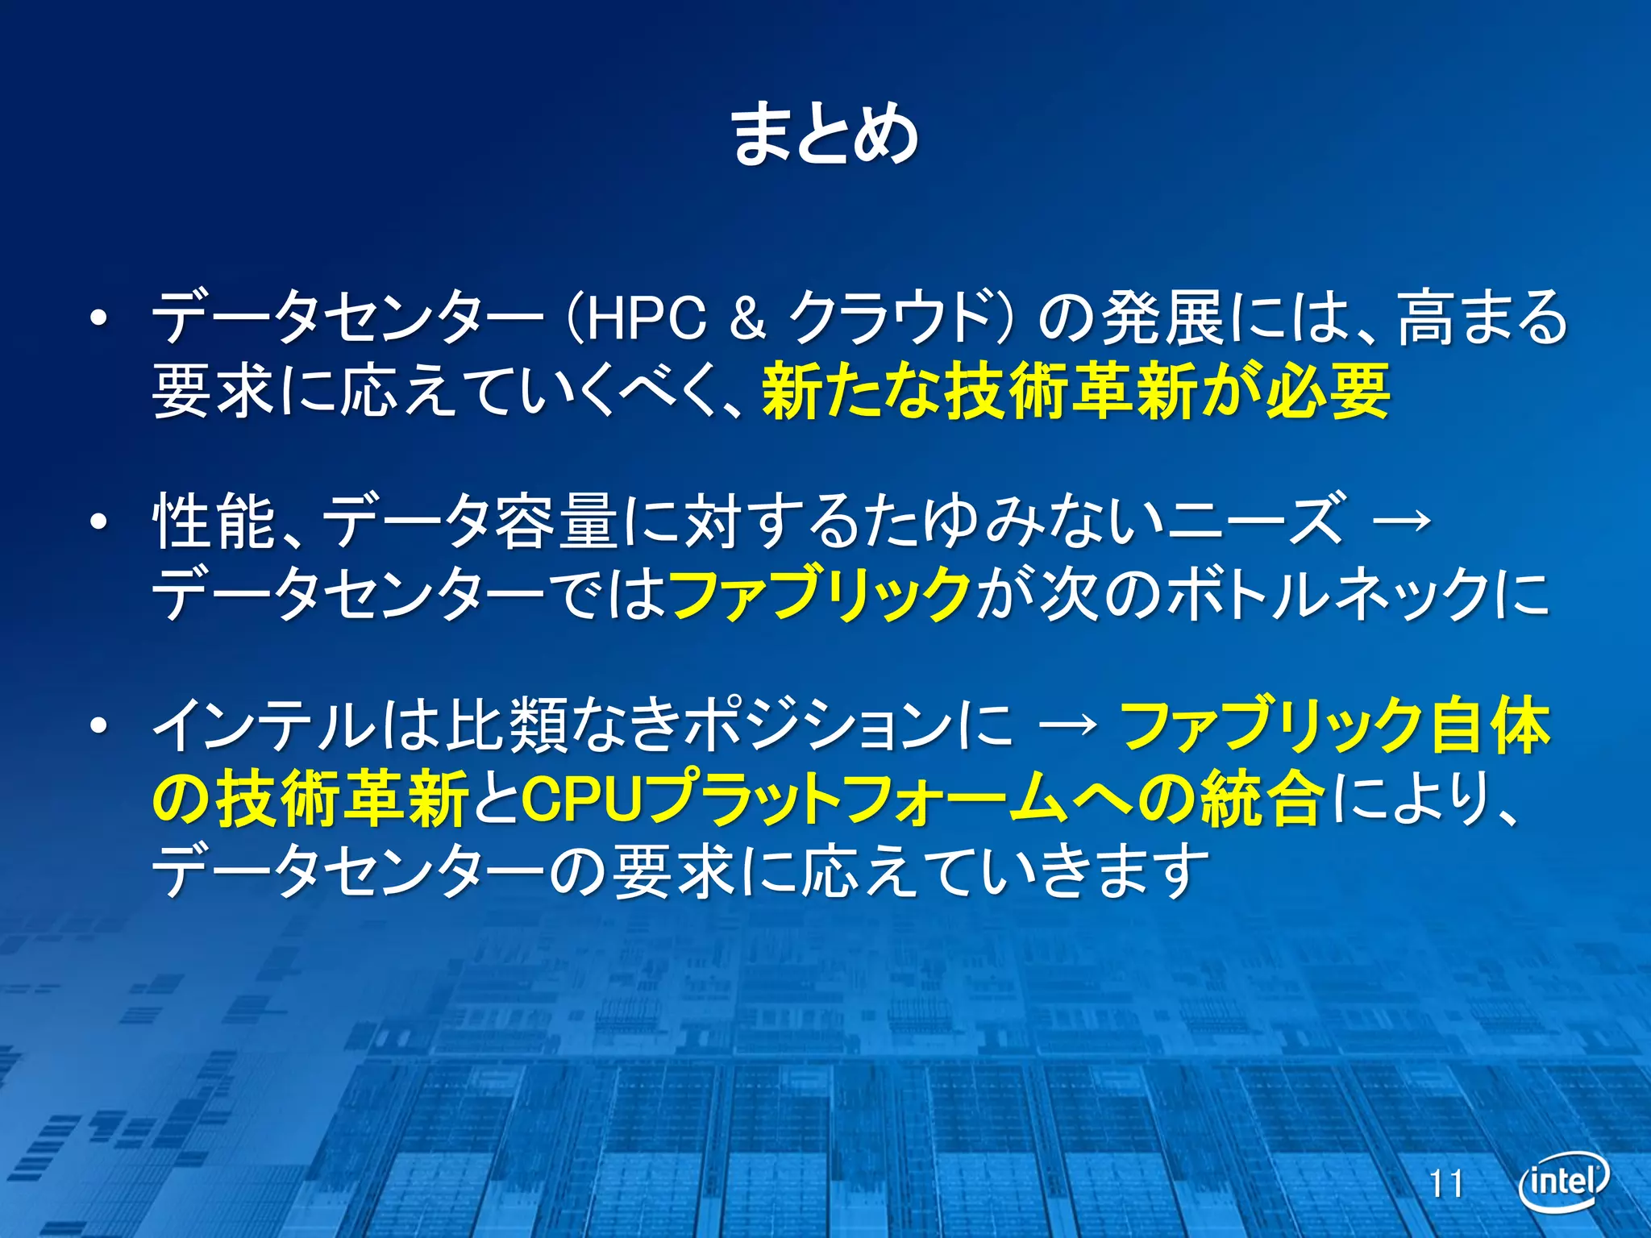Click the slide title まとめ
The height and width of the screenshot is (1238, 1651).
(x=824, y=135)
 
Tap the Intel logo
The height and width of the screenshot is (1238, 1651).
(x=1563, y=1182)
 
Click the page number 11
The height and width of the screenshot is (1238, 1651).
(x=1446, y=1184)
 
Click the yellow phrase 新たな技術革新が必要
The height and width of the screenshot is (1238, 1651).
(x=1076, y=393)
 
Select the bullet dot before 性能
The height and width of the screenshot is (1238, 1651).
(x=98, y=522)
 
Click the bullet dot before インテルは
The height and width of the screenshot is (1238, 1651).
(x=98, y=726)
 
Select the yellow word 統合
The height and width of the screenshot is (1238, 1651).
(x=1262, y=799)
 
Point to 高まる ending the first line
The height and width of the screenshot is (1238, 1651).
(x=1483, y=318)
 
